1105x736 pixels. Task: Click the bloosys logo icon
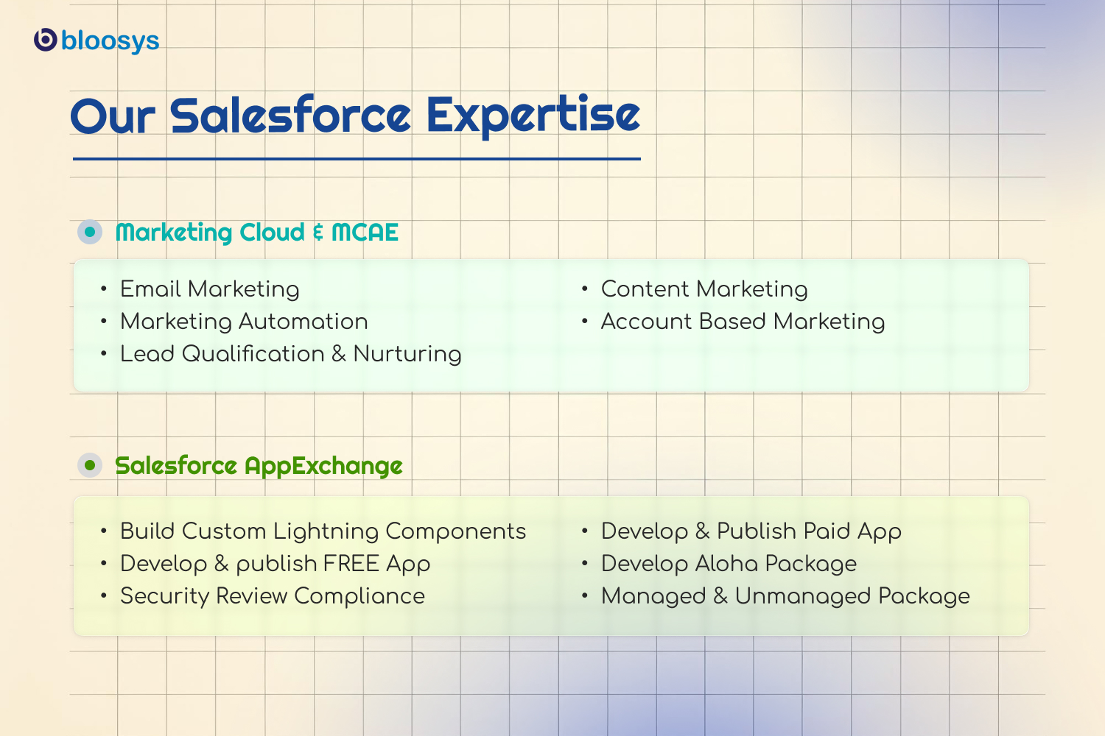pyautogui.click(x=46, y=40)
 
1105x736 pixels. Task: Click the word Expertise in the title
pyautogui.click(x=533, y=116)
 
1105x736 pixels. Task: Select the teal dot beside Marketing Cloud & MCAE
pyautogui.click(x=90, y=232)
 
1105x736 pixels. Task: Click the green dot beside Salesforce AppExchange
pyautogui.click(x=90, y=465)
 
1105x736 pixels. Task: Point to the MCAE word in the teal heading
pyautogui.click(x=365, y=232)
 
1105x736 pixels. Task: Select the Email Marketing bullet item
pyautogui.click(x=210, y=289)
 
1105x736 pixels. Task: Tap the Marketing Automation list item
pyautogui.click(x=244, y=322)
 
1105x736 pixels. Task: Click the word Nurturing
pyautogui.click(x=407, y=354)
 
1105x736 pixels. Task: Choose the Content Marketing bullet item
pyautogui.click(x=704, y=289)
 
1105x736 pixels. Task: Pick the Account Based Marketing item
pyautogui.click(x=743, y=322)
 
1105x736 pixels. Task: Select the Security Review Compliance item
pyautogui.click(x=273, y=596)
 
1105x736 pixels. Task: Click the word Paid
pyautogui.click(x=827, y=531)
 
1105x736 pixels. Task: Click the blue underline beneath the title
pyautogui.click(x=357, y=159)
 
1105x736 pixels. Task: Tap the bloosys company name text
pyautogui.click(x=110, y=40)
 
